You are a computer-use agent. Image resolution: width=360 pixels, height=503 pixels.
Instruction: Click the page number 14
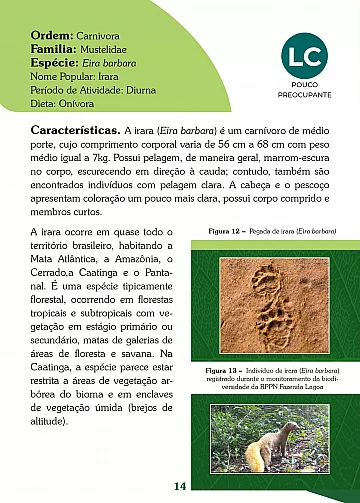(x=180, y=486)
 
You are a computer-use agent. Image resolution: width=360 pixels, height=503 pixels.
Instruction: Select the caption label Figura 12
(x=224, y=230)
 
